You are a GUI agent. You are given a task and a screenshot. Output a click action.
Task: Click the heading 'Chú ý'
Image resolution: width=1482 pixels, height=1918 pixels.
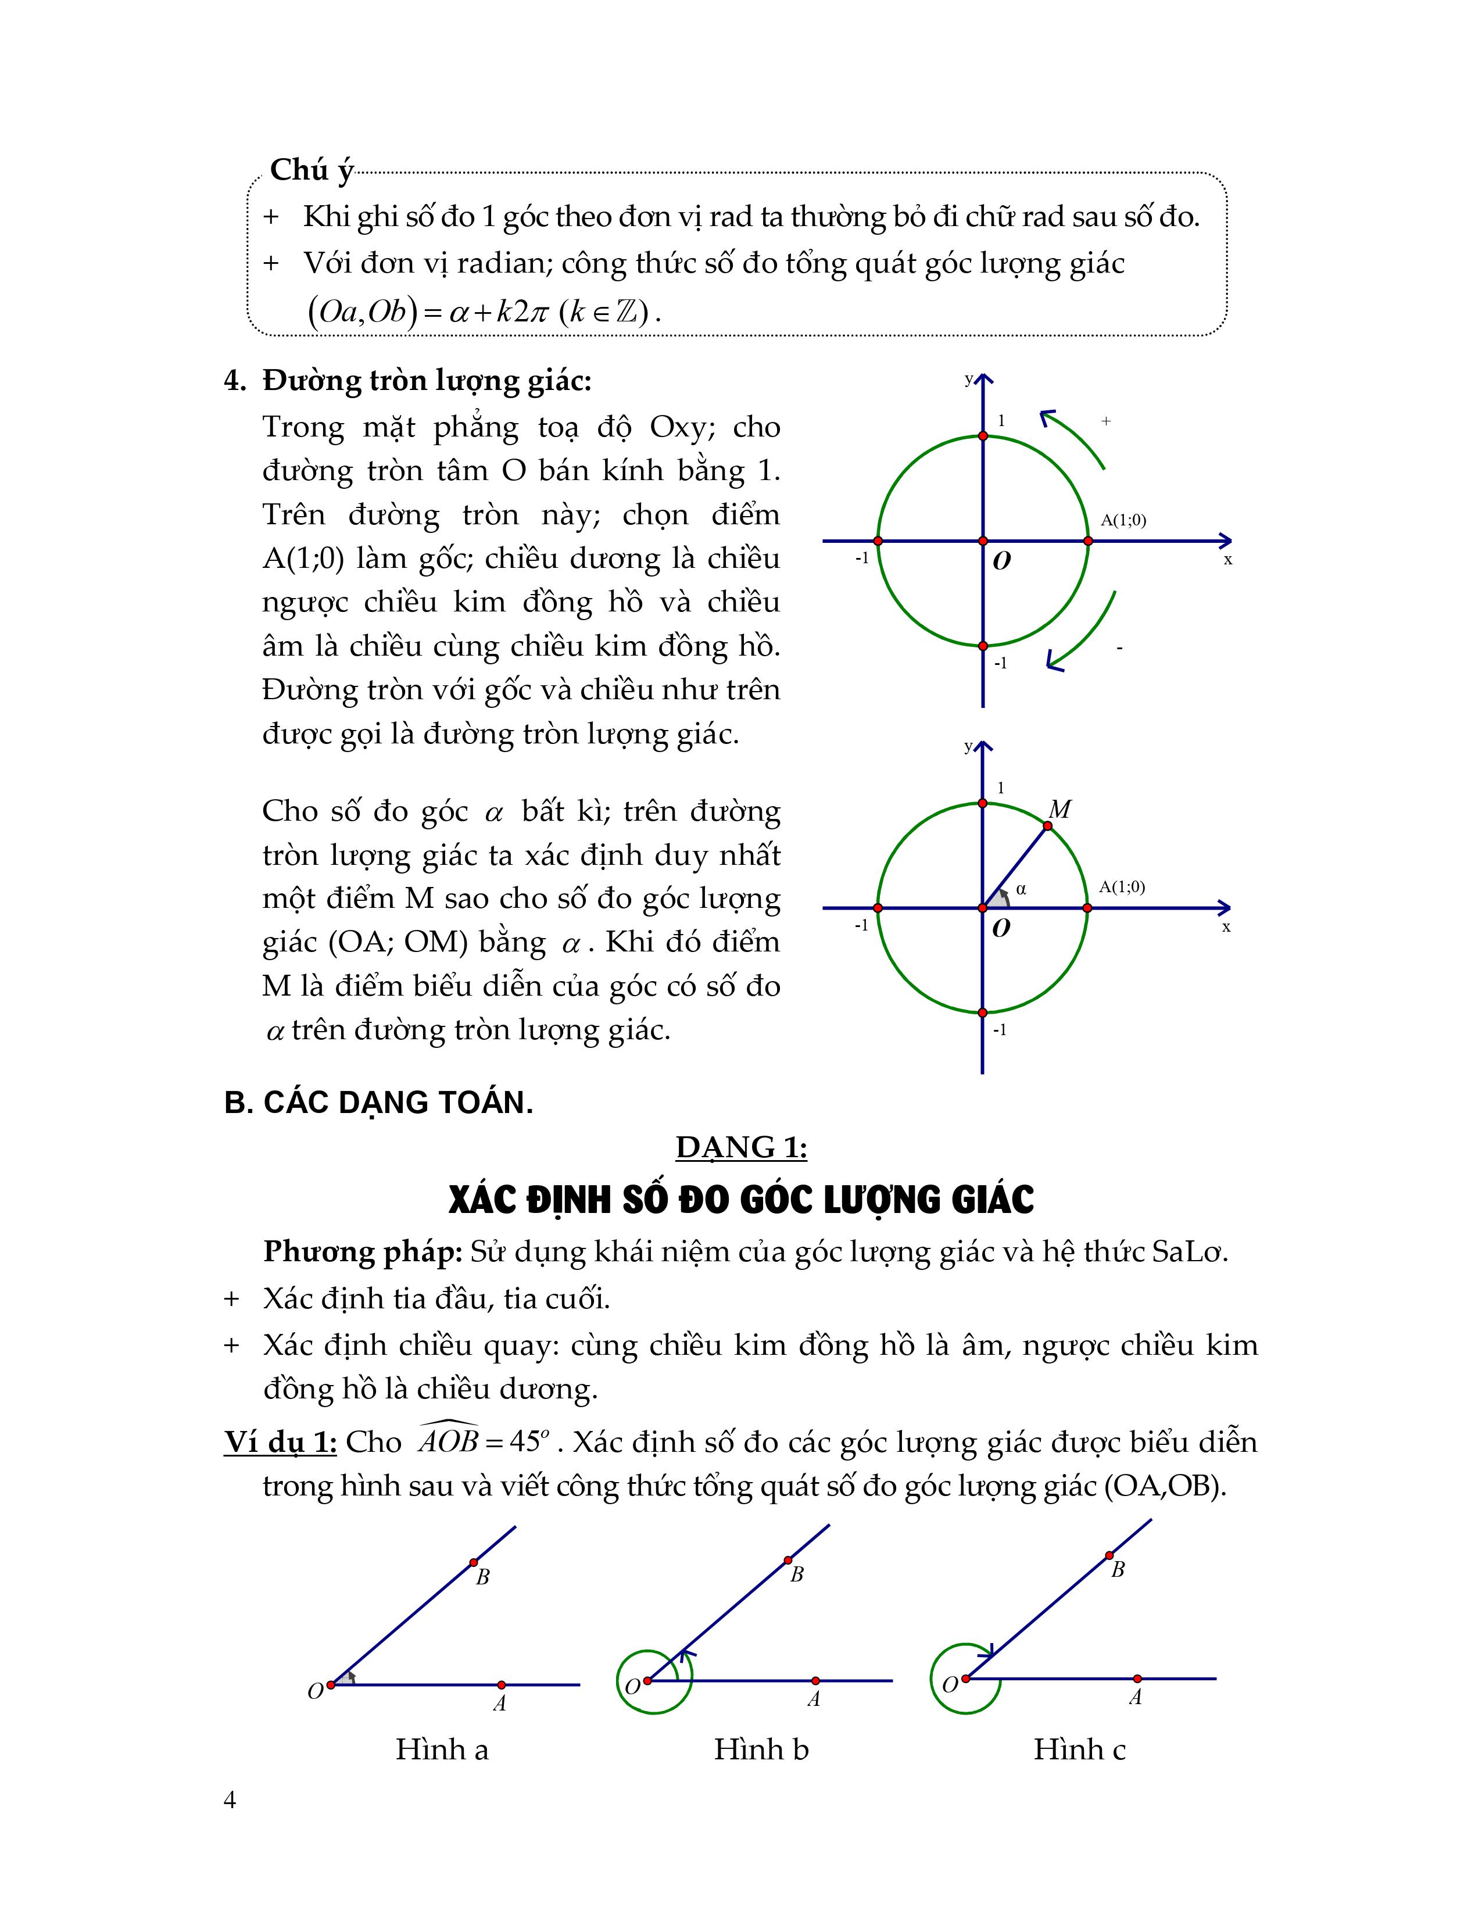pyautogui.click(x=311, y=170)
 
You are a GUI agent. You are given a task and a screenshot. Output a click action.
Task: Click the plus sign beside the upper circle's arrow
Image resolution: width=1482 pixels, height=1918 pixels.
pyautogui.click(x=1106, y=421)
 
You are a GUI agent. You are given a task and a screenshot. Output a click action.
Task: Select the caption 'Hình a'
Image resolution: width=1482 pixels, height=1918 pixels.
pyautogui.click(x=442, y=1748)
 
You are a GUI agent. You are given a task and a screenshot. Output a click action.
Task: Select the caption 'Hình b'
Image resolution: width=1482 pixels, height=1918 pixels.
pyautogui.click(x=760, y=1748)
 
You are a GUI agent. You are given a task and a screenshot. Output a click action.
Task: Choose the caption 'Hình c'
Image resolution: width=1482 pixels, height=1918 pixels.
pyautogui.click(x=1079, y=1748)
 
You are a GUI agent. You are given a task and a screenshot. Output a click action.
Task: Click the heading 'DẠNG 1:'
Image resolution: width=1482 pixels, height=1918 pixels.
pyautogui.click(x=741, y=1147)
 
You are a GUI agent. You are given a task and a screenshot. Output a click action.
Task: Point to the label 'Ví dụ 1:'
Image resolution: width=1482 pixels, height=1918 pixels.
pyautogui.click(x=280, y=1442)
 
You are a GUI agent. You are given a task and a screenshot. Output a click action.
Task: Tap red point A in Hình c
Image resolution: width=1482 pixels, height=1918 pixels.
pyautogui.click(x=1137, y=1679)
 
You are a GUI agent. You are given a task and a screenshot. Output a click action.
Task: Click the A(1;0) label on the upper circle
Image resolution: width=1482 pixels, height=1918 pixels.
pyautogui.click(x=1123, y=520)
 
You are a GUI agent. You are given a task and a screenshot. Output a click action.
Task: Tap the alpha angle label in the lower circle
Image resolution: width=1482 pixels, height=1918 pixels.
pyautogui.click(x=1020, y=889)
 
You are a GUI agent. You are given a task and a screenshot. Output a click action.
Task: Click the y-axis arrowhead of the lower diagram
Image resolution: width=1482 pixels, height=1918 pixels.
pyautogui.click(x=982, y=748)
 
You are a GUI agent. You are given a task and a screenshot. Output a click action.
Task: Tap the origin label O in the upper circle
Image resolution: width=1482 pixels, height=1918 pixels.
pyautogui.click(x=1001, y=561)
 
